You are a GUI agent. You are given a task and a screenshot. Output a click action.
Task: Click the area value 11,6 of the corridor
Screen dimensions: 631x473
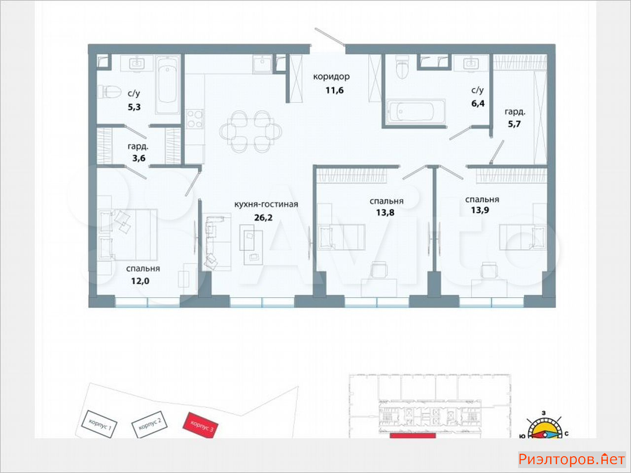pos(335,91)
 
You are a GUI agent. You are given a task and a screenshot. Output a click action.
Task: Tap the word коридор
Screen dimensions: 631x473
pos(331,77)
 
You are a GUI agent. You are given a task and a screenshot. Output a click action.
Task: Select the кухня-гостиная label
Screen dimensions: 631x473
pos(266,204)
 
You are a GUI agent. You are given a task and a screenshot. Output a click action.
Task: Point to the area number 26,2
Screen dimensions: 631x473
pos(263,218)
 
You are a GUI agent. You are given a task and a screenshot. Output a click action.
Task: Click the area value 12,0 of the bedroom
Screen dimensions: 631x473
pos(140,281)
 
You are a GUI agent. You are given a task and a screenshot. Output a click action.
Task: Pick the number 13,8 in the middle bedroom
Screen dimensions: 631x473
pos(385,212)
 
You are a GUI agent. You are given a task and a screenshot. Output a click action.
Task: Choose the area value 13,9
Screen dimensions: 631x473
pos(480,210)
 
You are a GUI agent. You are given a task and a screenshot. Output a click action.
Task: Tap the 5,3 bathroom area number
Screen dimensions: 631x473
pos(134,107)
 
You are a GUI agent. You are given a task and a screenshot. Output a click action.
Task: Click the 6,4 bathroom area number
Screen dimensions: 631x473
pos(478,103)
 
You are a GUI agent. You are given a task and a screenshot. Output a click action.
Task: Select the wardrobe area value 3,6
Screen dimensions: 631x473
pos(139,158)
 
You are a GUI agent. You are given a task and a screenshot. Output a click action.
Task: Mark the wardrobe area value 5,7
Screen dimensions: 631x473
pos(514,124)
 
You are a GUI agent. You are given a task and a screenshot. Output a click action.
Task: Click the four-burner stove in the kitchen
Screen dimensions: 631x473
pos(195,119)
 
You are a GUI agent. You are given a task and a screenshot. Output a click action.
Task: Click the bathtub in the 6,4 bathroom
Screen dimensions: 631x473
pos(416,111)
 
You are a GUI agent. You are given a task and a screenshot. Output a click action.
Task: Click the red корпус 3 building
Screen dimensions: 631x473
pos(201,425)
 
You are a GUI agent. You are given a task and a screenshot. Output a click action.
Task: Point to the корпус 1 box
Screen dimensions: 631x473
pos(100,424)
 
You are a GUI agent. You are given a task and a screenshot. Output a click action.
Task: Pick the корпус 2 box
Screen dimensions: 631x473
pos(149,424)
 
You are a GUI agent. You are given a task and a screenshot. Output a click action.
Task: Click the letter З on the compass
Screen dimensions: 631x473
pos(543,413)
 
